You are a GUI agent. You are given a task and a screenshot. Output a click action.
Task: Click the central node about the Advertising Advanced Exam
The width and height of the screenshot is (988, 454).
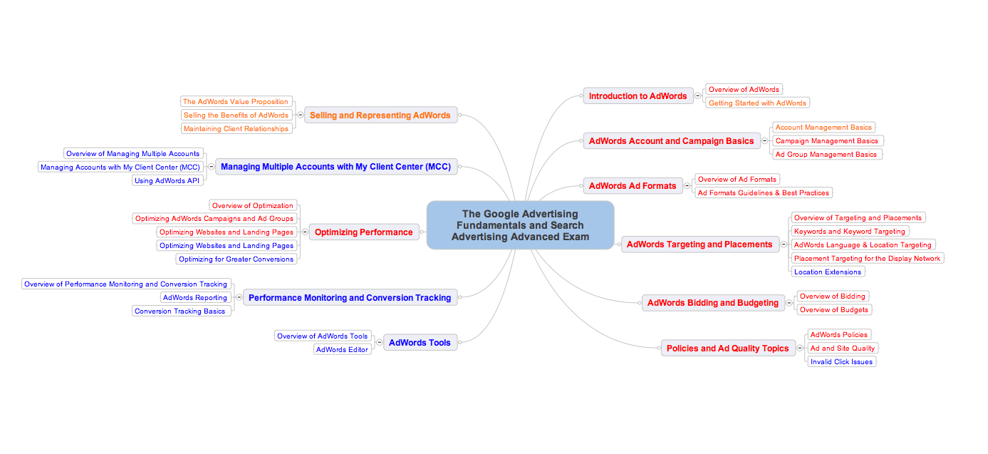coord(520,225)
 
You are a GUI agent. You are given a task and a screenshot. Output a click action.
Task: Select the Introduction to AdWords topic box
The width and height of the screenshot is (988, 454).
coord(638,96)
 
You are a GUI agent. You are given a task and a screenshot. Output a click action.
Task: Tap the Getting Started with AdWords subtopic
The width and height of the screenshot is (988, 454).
coord(757,103)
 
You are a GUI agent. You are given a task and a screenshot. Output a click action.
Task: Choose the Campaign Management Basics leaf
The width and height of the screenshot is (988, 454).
coord(826,141)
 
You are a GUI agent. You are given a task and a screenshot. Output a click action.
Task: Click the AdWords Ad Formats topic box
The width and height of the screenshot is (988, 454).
coord(632,186)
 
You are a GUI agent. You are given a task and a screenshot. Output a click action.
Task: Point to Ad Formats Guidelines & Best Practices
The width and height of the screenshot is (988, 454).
coord(763,192)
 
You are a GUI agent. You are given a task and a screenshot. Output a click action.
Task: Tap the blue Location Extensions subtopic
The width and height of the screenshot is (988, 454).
coord(828,272)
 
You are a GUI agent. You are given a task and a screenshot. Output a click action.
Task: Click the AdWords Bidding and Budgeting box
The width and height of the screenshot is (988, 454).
coord(712,303)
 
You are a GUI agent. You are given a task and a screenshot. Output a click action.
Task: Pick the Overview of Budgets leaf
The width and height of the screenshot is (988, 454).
coord(833,309)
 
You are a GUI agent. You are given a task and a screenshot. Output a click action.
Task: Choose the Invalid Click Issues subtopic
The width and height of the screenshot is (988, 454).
coord(841,361)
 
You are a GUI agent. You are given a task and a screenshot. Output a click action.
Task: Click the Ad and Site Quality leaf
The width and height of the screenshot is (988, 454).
coord(843,348)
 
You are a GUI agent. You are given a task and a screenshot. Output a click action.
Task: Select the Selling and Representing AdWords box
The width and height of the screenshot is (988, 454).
coord(380,115)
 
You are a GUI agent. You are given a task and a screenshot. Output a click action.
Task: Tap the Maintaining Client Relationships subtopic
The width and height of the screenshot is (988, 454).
coord(236,129)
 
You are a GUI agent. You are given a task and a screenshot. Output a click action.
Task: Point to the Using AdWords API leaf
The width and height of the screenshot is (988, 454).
coord(167,180)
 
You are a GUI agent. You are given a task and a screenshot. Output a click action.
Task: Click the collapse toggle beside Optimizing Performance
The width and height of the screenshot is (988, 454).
coord(305,232)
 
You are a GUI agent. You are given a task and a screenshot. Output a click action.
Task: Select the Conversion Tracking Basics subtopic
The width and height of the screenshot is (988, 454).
coord(180,311)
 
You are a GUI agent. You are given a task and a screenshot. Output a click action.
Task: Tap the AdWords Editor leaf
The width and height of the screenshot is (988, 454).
coord(342,349)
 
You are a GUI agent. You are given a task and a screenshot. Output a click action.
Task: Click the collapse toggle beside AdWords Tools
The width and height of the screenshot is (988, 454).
coord(379,343)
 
